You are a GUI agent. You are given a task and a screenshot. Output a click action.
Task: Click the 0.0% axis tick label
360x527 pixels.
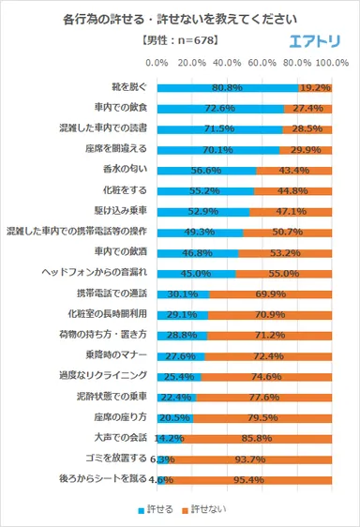point(157,63)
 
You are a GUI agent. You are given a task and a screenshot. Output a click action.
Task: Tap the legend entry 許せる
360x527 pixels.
point(156,510)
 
